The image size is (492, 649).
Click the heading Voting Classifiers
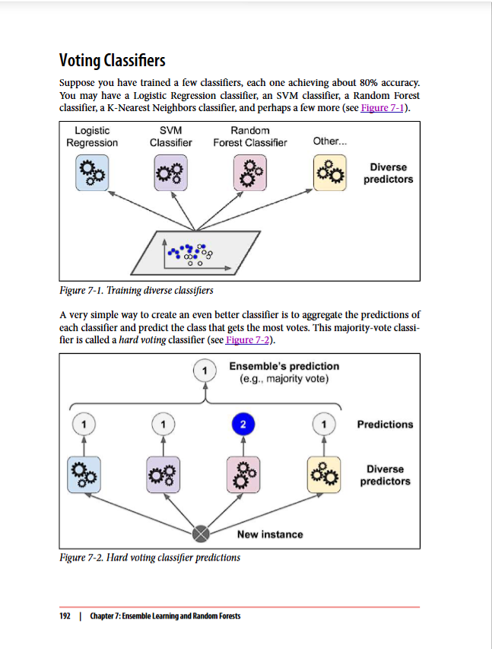click(112, 60)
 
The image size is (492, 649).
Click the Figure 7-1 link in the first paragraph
click(384, 108)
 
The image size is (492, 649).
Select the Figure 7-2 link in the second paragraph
click(248, 339)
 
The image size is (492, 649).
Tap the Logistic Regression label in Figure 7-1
click(92, 137)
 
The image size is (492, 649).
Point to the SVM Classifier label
click(170, 137)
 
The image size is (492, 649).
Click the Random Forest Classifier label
click(249, 137)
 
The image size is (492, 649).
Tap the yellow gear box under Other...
click(330, 173)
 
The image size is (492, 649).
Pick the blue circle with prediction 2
click(243, 423)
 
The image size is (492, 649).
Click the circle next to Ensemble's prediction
click(203, 371)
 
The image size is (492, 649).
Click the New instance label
click(269, 534)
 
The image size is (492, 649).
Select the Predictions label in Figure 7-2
click(385, 424)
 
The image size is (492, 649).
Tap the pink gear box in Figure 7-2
click(243, 475)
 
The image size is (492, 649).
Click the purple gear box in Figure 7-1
click(170, 173)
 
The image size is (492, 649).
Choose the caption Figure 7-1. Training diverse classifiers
click(136, 291)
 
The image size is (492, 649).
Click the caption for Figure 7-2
click(150, 558)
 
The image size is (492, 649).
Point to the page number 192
click(65, 616)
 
